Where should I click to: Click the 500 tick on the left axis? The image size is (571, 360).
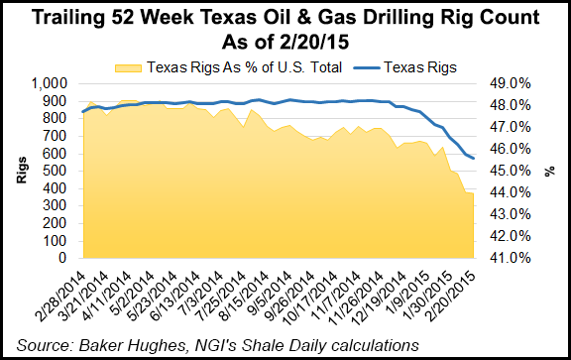click(60, 171)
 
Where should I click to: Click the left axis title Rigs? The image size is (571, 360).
click(21, 171)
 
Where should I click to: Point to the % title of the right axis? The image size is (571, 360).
click(551, 171)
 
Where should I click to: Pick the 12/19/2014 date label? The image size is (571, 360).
click(382, 295)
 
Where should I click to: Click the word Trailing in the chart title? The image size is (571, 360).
click(80, 19)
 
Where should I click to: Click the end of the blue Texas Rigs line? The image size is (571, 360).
click(474, 159)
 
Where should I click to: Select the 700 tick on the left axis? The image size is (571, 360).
click(60, 136)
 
